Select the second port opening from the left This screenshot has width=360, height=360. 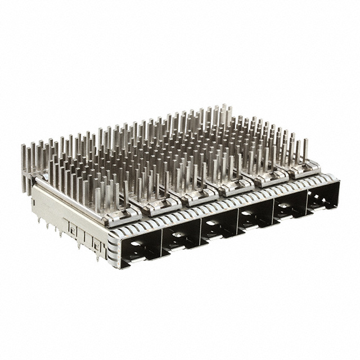pyautogui.click(x=180, y=235)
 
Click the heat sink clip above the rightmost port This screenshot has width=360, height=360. pyautogui.click(x=303, y=167)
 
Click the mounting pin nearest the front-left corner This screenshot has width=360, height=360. pyautogui.click(x=98, y=257)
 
